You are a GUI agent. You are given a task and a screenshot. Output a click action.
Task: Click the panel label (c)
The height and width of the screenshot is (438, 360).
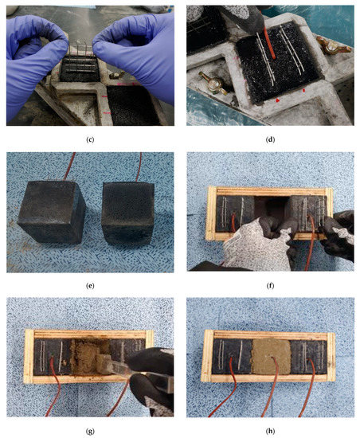pos(90,139)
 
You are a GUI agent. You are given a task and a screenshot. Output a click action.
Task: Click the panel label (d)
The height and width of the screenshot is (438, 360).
pos(270,139)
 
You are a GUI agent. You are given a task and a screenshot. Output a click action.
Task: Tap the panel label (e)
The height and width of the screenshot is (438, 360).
pos(90,285)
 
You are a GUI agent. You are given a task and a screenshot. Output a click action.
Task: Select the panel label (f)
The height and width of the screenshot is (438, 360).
pos(270,285)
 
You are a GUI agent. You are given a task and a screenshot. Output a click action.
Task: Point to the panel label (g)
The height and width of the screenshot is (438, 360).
pos(90,432)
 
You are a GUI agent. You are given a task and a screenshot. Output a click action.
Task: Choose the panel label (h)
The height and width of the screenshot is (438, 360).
pos(270,432)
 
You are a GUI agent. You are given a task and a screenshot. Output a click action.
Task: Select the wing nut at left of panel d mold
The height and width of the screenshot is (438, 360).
pos(213,81)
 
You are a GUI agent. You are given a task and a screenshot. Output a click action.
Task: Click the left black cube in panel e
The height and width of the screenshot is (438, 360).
pos(52,212)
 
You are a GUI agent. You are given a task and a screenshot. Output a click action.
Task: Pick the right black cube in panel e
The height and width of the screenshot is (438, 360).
pos(128,213)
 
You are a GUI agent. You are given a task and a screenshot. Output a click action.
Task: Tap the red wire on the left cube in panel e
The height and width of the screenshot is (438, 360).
pos(70,166)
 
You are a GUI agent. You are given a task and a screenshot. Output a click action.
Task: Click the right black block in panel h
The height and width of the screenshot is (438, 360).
pos(308,357)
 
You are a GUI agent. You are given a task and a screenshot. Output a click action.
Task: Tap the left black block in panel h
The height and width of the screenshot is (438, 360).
pos(233,357)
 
